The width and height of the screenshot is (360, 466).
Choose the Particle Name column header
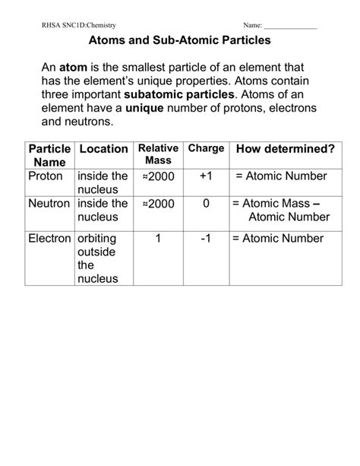pyautogui.click(x=49, y=154)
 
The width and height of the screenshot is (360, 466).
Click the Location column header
pyautogui.click(x=102, y=148)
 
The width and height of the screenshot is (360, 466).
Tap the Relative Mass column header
pyautogui.click(x=157, y=154)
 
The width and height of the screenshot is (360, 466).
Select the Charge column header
pyautogui.click(x=206, y=147)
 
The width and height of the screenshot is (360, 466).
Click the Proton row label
pyautogui.click(x=46, y=176)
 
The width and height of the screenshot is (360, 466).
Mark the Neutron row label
pyautogui.click(x=49, y=204)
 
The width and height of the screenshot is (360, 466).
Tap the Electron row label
pyautogui.click(x=49, y=238)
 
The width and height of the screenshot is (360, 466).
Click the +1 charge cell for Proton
pyautogui.click(x=206, y=176)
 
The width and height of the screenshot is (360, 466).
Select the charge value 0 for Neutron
pyautogui.click(x=206, y=204)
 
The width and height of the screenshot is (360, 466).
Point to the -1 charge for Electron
pyautogui.click(x=206, y=238)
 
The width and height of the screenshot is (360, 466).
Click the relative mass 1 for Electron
pyautogui.click(x=157, y=238)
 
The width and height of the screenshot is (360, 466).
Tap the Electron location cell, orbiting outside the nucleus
pyautogui.click(x=102, y=258)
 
